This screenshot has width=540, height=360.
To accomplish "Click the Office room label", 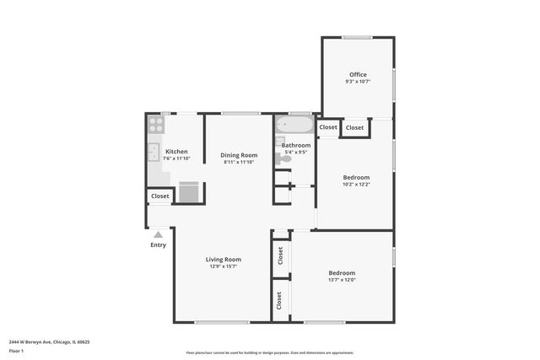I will pyautogui.click(x=358, y=75).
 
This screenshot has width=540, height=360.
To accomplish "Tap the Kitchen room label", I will pyautogui.click(x=176, y=152).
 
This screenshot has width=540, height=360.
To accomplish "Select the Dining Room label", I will pyautogui.click(x=239, y=155).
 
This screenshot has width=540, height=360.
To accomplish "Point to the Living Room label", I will pyautogui.click(x=224, y=260).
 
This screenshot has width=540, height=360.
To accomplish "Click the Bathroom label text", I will pyautogui.click(x=296, y=145).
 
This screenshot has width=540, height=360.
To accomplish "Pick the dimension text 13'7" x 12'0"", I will pyautogui.click(x=342, y=280).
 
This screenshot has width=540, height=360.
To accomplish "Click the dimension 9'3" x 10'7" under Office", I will pyautogui.click(x=358, y=82).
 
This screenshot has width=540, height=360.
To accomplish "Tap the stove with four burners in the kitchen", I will pyautogui.click(x=156, y=125).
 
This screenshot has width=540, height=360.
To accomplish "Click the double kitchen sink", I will pyautogui.click(x=154, y=153).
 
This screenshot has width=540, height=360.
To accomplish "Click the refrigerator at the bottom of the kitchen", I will pyautogui.click(x=189, y=192).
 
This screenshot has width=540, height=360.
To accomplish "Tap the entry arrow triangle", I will pyautogui.click(x=158, y=234).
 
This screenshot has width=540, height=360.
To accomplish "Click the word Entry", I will pyautogui.click(x=159, y=245).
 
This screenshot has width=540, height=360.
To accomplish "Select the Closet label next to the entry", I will pyautogui.click(x=160, y=196).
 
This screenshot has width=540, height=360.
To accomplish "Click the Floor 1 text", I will pyautogui.click(x=17, y=351).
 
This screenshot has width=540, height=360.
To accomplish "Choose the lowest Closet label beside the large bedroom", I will pyautogui.click(x=278, y=299).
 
